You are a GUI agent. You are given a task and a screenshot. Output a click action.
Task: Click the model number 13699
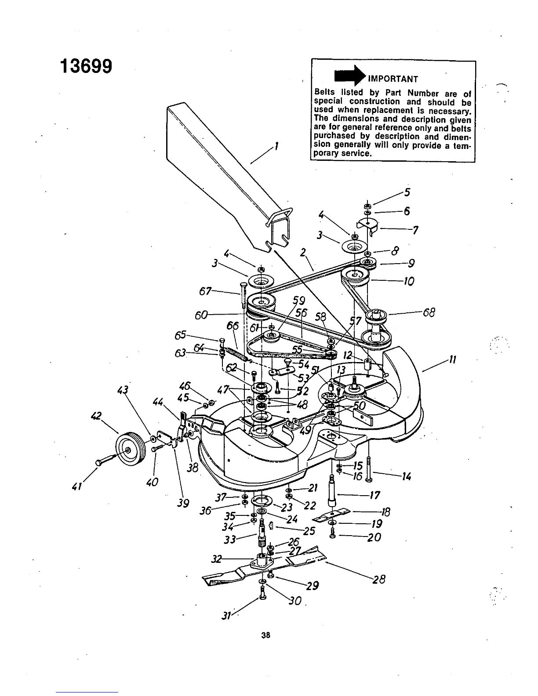(x=86, y=66)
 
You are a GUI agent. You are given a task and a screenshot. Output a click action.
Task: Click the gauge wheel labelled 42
(x=127, y=448)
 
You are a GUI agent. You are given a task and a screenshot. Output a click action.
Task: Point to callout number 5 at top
(x=407, y=192)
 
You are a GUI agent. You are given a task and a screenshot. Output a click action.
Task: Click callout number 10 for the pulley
(x=408, y=281)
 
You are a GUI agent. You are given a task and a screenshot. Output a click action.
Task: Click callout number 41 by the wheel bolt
(x=80, y=486)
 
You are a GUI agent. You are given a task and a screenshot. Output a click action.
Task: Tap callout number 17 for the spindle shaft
(x=374, y=496)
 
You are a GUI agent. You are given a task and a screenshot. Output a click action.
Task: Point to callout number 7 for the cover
(x=415, y=230)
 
